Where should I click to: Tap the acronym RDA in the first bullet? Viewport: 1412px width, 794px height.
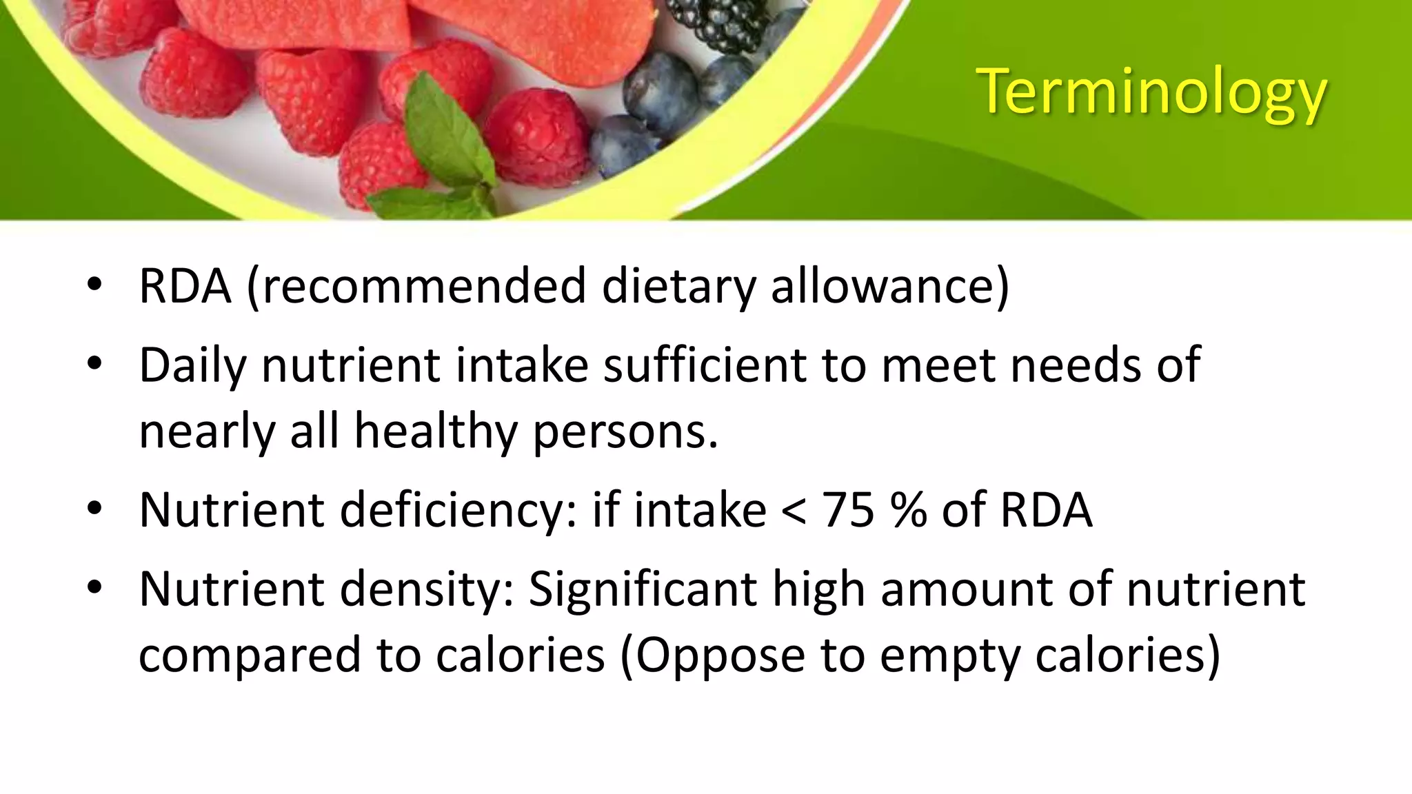pos(185,286)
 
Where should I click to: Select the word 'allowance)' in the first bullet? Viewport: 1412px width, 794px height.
pos(890,286)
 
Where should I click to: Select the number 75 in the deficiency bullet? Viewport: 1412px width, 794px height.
pos(848,511)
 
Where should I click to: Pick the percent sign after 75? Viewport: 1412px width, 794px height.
pos(909,511)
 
